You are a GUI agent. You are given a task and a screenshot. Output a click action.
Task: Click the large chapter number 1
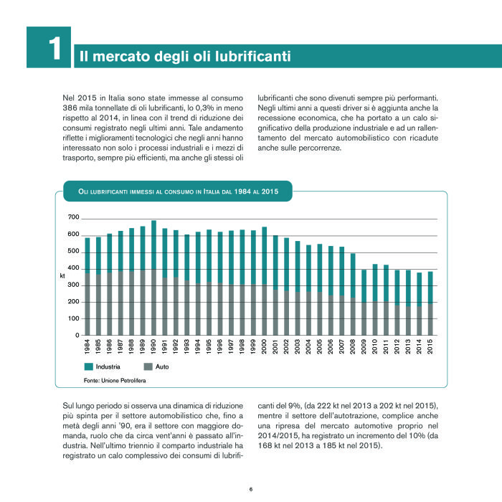(x=55, y=48)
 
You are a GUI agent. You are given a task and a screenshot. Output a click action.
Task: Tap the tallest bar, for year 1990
(x=153, y=278)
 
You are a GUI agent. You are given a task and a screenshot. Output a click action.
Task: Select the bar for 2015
(x=430, y=303)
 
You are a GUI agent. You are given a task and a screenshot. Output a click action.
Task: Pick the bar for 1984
(x=87, y=287)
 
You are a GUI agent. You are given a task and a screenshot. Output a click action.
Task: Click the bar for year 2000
(x=265, y=281)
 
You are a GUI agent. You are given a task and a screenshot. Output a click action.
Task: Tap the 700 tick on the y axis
(x=73, y=217)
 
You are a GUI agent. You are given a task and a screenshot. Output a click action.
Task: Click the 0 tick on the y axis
(x=77, y=335)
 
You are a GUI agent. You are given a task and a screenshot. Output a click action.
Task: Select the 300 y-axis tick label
(x=73, y=285)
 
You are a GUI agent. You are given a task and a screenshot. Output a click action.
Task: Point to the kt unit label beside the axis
(x=62, y=275)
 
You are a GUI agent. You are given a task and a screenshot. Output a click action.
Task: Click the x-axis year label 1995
(x=209, y=346)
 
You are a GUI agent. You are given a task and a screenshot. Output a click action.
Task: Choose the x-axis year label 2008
(x=353, y=346)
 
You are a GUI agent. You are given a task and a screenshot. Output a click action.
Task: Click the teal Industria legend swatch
(x=88, y=366)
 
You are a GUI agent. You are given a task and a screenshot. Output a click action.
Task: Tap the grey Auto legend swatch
(x=148, y=366)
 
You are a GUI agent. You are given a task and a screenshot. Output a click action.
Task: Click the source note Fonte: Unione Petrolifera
(x=115, y=381)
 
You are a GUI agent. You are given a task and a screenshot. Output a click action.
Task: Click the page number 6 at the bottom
(x=251, y=489)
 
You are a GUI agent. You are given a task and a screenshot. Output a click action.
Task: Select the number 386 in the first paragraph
(x=69, y=108)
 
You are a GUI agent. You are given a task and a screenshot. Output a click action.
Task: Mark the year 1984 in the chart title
(x=242, y=191)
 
